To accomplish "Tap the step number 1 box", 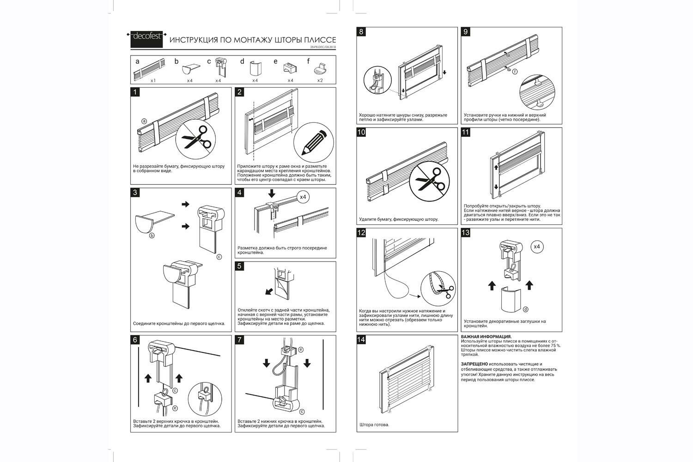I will click(135, 92).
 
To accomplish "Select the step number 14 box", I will click(361, 340).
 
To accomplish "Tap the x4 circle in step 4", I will click(303, 197).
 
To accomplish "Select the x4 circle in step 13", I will click(537, 247).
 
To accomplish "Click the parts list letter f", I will click(309, 61).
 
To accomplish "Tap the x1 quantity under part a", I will click(153, 80).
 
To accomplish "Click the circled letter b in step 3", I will click(151, 236).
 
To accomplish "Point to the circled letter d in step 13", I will click(525, 309).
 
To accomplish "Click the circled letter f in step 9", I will click(515, 72).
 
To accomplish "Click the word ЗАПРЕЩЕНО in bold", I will click(474, 364).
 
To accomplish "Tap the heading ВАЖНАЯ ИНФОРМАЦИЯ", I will click(486, 337).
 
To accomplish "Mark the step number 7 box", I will click(239, 340).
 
